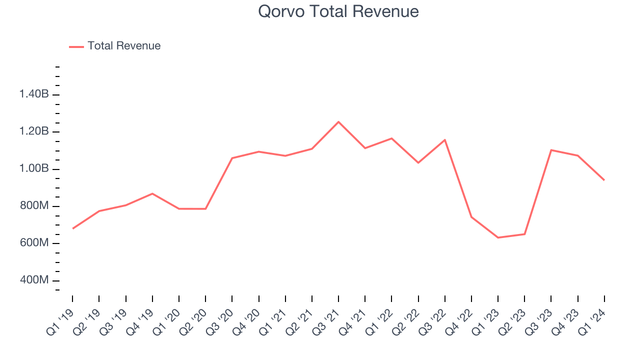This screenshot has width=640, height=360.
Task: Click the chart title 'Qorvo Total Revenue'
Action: point(338,11)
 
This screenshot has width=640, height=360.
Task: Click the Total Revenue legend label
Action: point(124,46)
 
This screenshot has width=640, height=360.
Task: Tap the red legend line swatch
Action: point(76,46)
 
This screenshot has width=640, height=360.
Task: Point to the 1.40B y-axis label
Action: point(34,94)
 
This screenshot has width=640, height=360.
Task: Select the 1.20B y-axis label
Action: point(34,131)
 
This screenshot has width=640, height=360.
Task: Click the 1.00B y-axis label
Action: point(34,168)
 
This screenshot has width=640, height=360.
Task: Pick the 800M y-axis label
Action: point(34,206)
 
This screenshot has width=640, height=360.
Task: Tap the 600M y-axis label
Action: point(34,243)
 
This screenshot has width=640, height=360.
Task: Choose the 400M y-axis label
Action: point(34,280)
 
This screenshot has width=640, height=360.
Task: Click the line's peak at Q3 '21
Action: point(338,121)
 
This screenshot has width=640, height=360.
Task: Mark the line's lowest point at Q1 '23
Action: point(498,237)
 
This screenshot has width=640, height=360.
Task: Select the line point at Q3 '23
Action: point(551,150)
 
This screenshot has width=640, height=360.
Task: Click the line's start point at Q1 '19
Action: point(73,228)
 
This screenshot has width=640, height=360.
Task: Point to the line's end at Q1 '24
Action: point(604,180)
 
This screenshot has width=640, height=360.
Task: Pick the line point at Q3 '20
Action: point(232,158)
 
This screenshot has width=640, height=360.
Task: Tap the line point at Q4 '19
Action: point(152,193)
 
